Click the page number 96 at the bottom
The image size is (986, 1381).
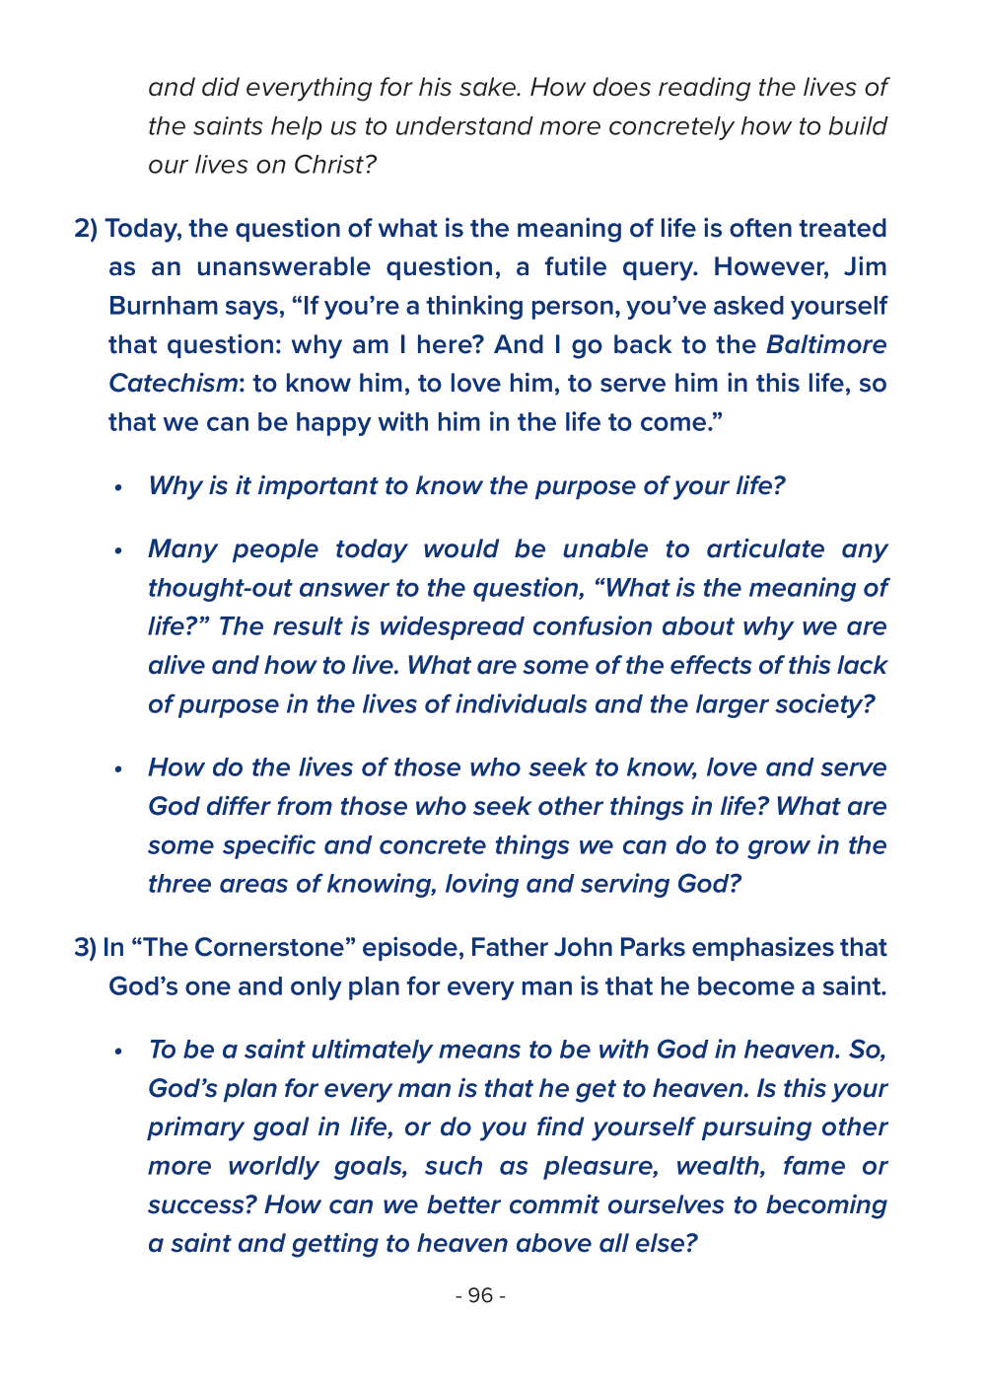[x=480, y=1295]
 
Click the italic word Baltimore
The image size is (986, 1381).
[x=826, y=345]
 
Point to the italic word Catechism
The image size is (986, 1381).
[x=173, y=384]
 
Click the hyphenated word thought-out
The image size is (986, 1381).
[x=219, y=588]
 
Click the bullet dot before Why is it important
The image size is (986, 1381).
[x=118, y=487]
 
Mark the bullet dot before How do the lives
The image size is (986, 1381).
[x=118, y=769]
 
